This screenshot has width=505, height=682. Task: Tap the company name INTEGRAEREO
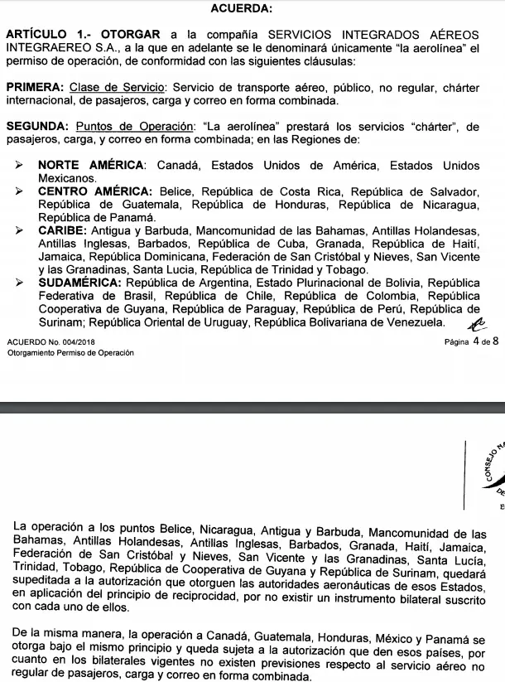(x=50, y=48)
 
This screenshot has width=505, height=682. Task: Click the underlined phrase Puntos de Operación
(x=132, y=127)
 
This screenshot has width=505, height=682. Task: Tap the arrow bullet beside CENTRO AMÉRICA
(x=19, y=191)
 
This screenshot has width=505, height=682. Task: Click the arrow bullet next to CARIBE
(x=19, y=230)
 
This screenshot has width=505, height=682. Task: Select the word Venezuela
(x=413, y=322)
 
